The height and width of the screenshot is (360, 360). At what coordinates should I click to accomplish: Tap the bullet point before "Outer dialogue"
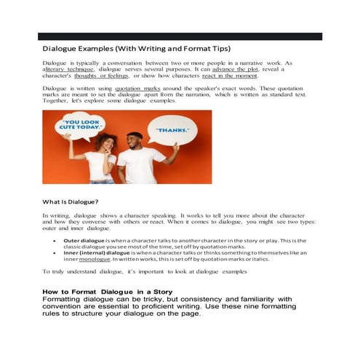point(55,239)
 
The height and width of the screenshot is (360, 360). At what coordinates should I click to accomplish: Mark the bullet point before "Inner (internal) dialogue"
point(55,252)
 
